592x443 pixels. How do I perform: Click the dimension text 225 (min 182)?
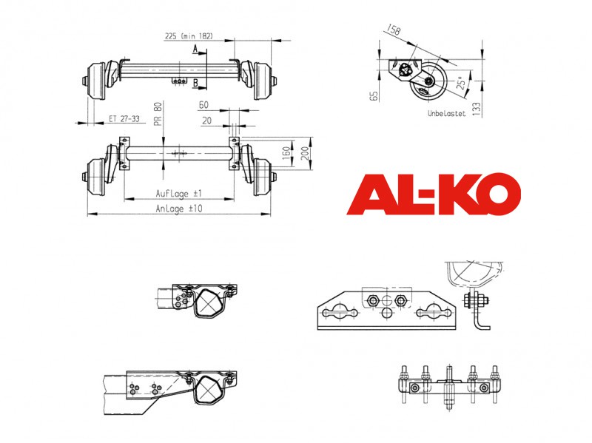click(x=189, y=36)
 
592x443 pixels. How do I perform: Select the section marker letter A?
click(x=195, y=49)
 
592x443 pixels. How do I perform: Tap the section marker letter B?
click(x=195, y=83)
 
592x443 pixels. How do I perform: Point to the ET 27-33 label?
click(x=124, y=119)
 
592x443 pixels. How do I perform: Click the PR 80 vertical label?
click(x=158, y=114)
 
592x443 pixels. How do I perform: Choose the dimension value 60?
click(x=203, y=105)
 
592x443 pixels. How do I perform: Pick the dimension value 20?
click(x=206, y=121)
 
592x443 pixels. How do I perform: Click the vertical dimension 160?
click(x=286, y=153)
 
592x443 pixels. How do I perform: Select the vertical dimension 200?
click(x=305, y=153)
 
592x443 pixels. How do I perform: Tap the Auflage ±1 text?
click(x=179, y=194)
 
